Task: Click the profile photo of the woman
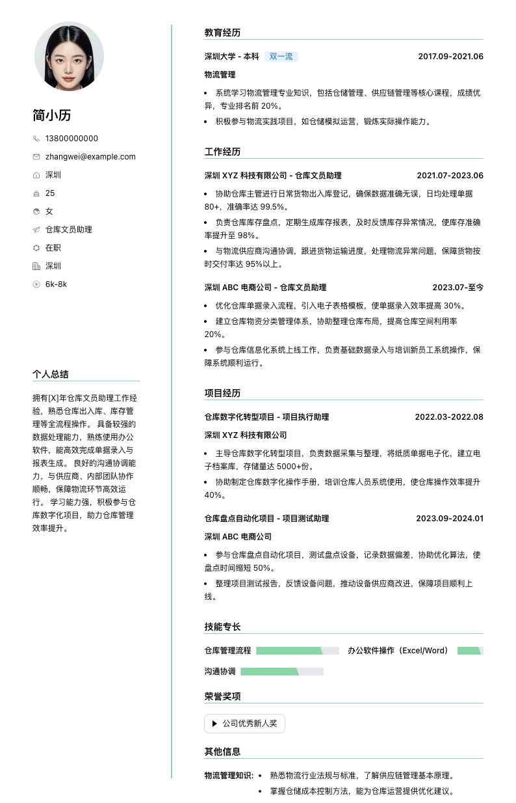(69, 56)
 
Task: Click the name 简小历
(52, 116)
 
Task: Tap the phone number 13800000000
(71, 139)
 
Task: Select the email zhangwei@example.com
(90, 157)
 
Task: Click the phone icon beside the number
(36, 139)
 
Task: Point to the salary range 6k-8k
(56, 284)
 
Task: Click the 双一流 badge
(281, 57)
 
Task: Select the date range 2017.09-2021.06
(450, 57)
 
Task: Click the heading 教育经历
(222, 33)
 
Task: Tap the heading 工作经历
(222, 152)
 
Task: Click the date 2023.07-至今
(458, 288)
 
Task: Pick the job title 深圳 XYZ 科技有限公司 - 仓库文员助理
(272, 176)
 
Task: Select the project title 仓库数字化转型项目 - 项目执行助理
(266, 417)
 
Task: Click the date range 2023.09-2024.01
(450, 519)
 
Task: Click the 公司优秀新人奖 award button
(244, 724)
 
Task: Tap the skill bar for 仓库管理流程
(298, 651)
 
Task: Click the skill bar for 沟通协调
(281, 672)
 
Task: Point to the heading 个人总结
(51, 374)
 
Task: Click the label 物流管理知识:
(229, 776)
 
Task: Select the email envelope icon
(36, 157)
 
